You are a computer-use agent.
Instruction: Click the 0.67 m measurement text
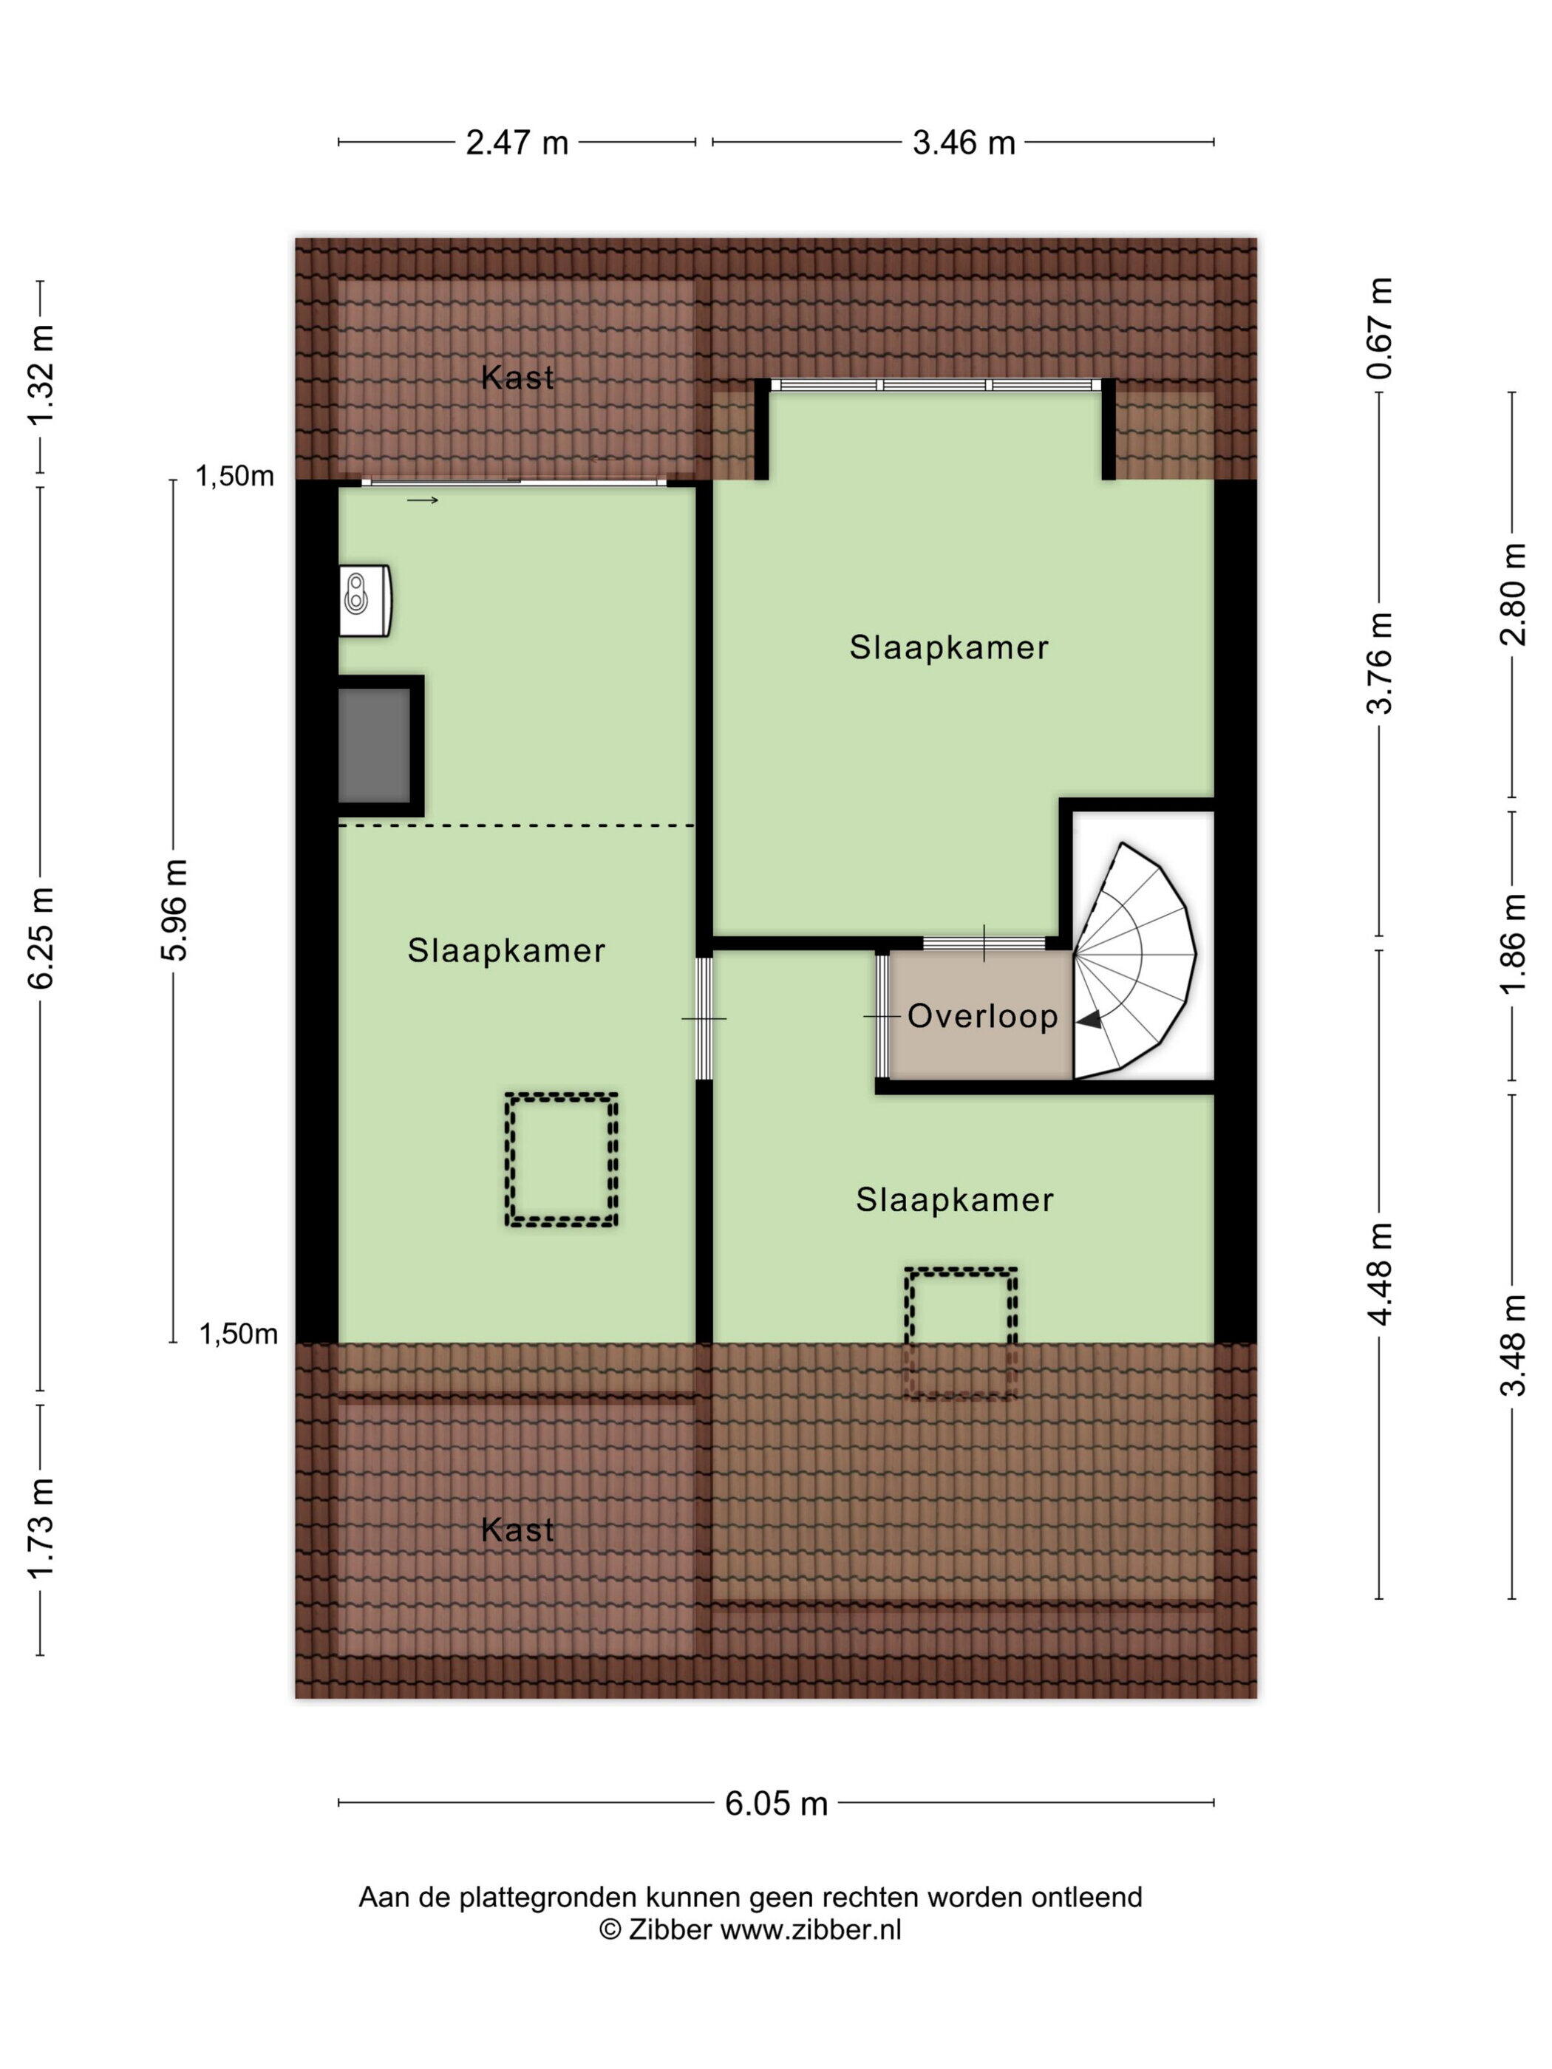pos(1379,327)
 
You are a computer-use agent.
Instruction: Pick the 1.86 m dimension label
pos(1512,943)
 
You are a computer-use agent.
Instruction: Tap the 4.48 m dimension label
pos(1379,1273)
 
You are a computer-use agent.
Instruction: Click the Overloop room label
pos(982,1016)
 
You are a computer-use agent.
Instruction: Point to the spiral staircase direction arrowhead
pos(1088,1020)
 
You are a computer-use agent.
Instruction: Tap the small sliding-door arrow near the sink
pos(422,500)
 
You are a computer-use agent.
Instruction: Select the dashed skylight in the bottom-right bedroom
pos(961,1333)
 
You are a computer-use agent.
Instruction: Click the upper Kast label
pos(517,377)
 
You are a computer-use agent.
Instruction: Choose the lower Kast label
pos(517,1530)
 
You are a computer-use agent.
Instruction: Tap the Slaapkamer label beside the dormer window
pos(949,647)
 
